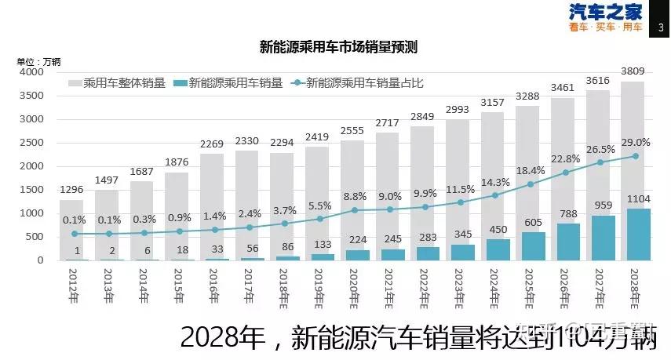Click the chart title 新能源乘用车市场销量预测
[x=337, y=47]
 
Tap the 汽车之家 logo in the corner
[x=605, y=18]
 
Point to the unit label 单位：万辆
[x=38, y=61]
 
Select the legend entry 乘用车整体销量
[x=117, y=82]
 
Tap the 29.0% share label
[x=635, y=142]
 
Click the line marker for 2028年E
[x=635, y=156]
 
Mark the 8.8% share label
[x=355, y=196]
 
